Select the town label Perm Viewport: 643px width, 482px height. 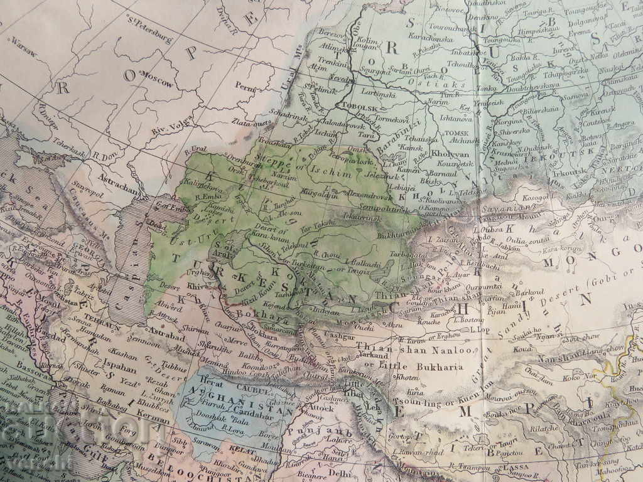(x=246, y=85)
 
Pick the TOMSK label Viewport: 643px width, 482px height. (x=457, y=133)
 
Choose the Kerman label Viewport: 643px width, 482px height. (x=154, y=417)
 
